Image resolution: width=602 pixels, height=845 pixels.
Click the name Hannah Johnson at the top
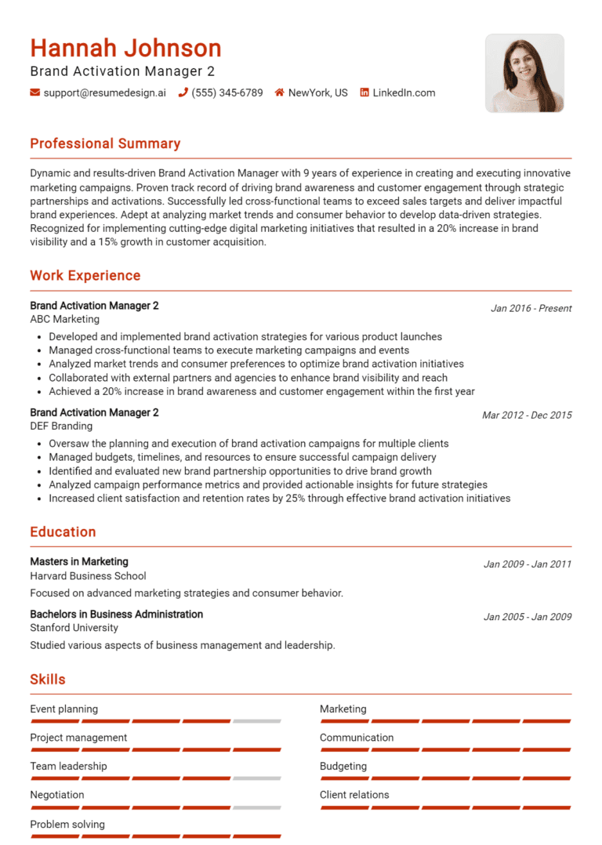click(125, 49)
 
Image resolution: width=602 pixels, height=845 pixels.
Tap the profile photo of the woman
click(524, 73)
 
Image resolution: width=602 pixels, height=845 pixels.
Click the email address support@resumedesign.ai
click(104, 92)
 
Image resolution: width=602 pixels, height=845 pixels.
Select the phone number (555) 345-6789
click(227, 92)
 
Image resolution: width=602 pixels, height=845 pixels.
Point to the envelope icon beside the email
click(35, 92)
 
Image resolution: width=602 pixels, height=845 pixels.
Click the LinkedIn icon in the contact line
click(364, 92)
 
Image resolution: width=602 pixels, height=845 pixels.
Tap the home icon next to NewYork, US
click(279, 92)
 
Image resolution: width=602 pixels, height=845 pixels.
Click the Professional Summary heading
click(105, 143)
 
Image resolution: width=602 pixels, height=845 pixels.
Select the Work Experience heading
click(85, 275)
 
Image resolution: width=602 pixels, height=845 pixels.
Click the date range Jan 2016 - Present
click(531, 308)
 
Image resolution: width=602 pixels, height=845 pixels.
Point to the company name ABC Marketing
click(65, 319)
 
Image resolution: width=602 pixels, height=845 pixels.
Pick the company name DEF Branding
click(61, 426)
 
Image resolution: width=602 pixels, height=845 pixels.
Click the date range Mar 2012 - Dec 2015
click(527, 415)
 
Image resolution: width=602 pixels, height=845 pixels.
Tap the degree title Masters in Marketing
click(79, 561)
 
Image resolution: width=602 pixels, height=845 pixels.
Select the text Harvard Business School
click(88, 575)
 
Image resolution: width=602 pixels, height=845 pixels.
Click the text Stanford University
click(74, 627)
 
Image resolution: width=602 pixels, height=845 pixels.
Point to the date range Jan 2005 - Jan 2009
click(528, 617)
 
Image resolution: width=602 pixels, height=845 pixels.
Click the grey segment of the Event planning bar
click(256, 721)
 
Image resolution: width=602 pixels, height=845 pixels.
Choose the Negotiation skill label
click(57, 795)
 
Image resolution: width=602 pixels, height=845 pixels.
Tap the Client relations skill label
click(354, 795)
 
